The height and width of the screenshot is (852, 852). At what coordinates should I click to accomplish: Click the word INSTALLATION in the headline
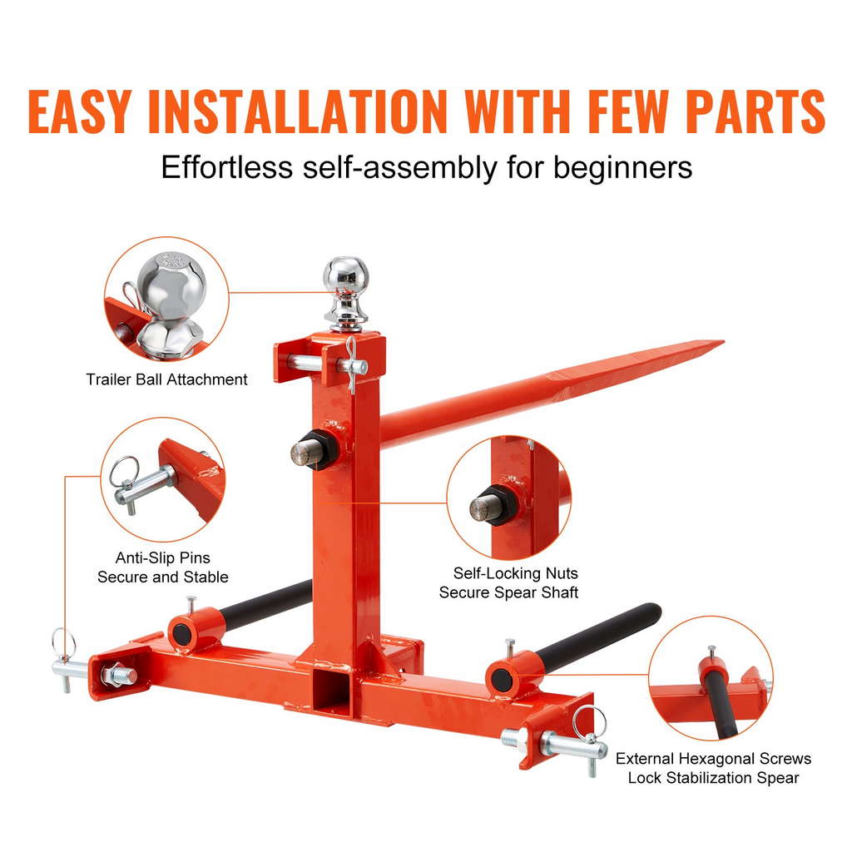tap(298, 111)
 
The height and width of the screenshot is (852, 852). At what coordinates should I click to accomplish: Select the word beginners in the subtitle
tap(622, 167)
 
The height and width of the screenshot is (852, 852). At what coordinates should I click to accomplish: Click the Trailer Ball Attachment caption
tap(166, 379)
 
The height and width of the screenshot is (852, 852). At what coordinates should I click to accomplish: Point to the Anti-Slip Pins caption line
tap(162, 558)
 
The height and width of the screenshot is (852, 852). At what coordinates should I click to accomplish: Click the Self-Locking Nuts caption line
tap(516, 573)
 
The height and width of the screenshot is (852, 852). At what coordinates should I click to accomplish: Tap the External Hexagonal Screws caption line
tap(713, 759)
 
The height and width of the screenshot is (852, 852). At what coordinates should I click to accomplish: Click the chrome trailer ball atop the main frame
tap(346, 294)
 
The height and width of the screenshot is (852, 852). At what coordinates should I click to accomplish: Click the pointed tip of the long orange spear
tap(723, 342)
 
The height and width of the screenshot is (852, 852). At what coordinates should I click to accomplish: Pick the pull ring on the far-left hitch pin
tap(63, 644)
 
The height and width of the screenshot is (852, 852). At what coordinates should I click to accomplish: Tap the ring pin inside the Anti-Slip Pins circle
tap(124, 471)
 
